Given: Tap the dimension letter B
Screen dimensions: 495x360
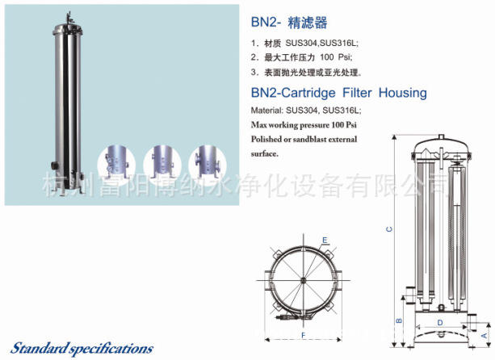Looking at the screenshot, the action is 398,320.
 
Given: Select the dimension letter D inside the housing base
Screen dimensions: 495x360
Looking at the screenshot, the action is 439,322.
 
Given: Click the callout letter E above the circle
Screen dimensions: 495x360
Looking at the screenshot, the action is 325,241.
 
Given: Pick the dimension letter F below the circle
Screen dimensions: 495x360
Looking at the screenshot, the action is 304,333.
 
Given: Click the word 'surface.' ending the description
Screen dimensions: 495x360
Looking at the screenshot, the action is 266,153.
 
